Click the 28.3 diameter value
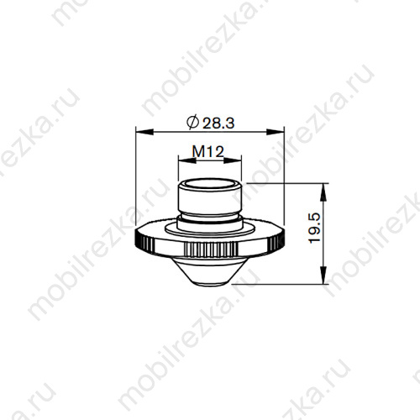216,123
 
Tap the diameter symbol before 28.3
191,123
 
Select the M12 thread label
207,150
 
